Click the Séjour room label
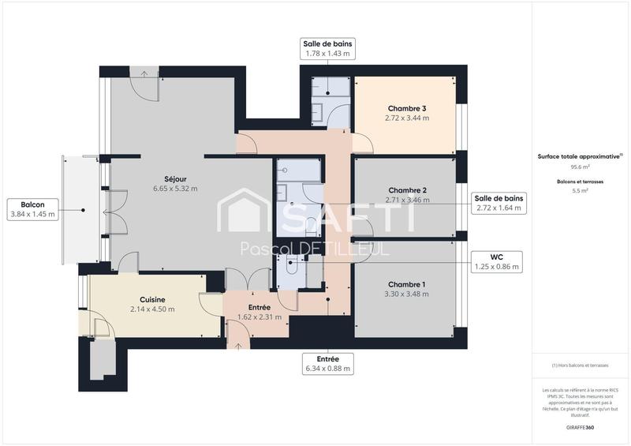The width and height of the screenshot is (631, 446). pyautogui.click(x=175, y=178)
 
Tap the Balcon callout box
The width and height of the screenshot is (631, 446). pyautogui.click(x=32, y=209)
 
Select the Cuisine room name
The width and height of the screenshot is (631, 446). pyautogui.click(x=152, y=299)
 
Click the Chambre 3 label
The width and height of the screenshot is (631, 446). pyautogui.click(x=407, y=108)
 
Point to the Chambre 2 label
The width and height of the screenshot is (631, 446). pyautogui.click(x=407, y=190)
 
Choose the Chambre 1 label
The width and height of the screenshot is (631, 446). pyautogui.click(x=407, y=284)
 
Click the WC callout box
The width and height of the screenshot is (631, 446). pyautogui.click(x=498, y=261)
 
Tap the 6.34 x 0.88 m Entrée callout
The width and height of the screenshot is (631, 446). pyautogui.click(x=327, y=363)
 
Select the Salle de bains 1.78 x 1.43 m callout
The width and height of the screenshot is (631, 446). pyautogui.click(x=327, y=48)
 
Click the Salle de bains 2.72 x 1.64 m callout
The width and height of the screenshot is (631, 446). pyautogui.click(x=498, y=203)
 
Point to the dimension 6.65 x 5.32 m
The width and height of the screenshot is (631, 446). pyautogui.click(x=175, y=189)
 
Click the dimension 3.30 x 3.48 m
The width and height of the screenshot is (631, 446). pyautogui.click(x=407, y=294)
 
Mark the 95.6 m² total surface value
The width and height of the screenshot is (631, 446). pyautogui.click(x=580, y=167)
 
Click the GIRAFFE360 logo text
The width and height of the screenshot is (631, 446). pyautogui.click(x=580, y=426)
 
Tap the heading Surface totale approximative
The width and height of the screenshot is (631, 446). pyautogui.click(x=580, y=156)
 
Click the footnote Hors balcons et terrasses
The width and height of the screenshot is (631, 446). pyautogui.click(x=580, y=365)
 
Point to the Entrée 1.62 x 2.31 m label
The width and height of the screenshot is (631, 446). pyautogui.click(x=259, y=313)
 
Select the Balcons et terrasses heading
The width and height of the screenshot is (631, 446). pyautogui.click(x=580, y=182)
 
